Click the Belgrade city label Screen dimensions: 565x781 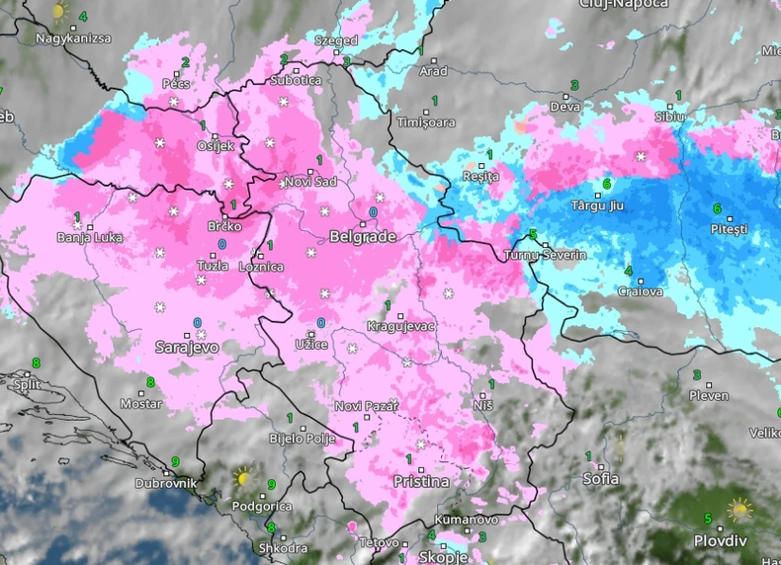tap(362, 237)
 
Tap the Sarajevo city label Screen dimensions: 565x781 tap(187, 347)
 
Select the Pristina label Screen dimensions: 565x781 tap(421, 482)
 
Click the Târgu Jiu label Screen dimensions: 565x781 tap(600, 205)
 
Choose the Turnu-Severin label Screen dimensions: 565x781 tap(545, 255)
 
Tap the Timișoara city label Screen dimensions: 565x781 tap(426, 122)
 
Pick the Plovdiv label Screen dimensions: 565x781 tap(720, 541)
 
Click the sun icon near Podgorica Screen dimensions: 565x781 tap(243, 479)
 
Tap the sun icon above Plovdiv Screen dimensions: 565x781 tap(738, 511)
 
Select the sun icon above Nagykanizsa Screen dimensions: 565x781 tap(60, 13)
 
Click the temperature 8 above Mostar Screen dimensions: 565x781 tap(151, 382)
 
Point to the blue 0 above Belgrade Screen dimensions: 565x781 tap(373, 212)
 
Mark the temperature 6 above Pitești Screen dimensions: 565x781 tap(717, 208)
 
